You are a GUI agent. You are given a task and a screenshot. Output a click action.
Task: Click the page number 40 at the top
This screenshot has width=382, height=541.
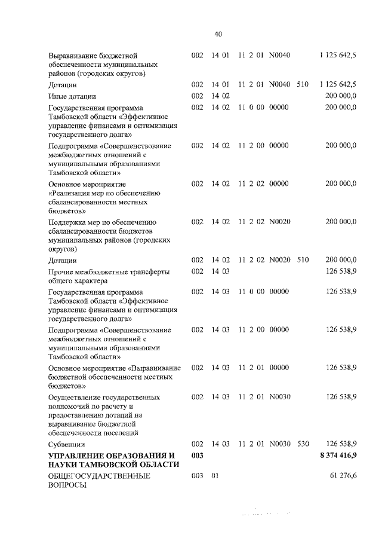point(218,33)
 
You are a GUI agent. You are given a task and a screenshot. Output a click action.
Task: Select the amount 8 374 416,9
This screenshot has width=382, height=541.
point(338,456)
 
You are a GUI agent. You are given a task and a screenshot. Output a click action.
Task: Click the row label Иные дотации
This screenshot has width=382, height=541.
point(72,96)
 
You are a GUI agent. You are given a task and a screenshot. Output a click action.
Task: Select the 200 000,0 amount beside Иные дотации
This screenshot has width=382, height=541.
point(341,96)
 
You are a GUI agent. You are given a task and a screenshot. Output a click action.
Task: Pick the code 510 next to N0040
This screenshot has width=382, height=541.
point(303,84)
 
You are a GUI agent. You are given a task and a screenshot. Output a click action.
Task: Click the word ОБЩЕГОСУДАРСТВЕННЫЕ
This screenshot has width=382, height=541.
point(99,476)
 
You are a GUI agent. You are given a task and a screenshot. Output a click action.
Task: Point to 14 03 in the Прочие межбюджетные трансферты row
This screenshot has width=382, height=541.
point(220,271)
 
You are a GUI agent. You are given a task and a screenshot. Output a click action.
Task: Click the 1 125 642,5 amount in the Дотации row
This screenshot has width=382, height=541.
point(338,84)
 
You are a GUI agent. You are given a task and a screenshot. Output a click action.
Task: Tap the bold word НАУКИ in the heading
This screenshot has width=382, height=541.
point(64,465)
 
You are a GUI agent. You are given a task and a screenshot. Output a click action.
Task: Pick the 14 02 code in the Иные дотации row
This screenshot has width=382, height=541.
point(220,96)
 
